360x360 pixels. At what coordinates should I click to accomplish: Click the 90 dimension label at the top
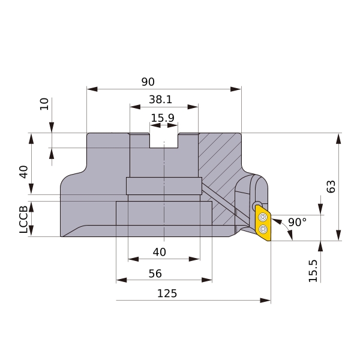148,82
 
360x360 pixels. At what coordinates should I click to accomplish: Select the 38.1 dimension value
160,100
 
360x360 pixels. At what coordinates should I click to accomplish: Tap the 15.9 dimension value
163,118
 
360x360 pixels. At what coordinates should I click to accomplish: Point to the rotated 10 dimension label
44,104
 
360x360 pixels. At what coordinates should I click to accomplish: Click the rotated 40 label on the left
23,172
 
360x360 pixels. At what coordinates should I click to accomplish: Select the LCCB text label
23,219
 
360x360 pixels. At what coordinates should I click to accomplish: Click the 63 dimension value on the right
331,187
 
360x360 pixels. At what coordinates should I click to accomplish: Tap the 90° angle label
298,222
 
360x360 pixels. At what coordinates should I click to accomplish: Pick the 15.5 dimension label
313,271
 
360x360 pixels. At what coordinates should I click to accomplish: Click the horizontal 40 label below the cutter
160,252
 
